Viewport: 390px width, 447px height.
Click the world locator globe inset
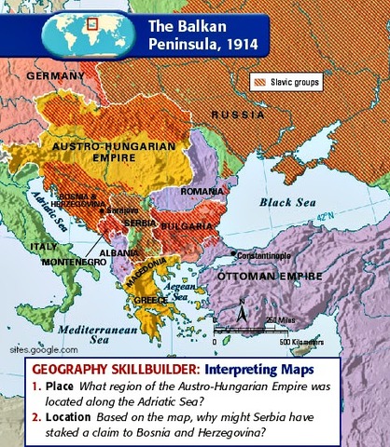(77, 28)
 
